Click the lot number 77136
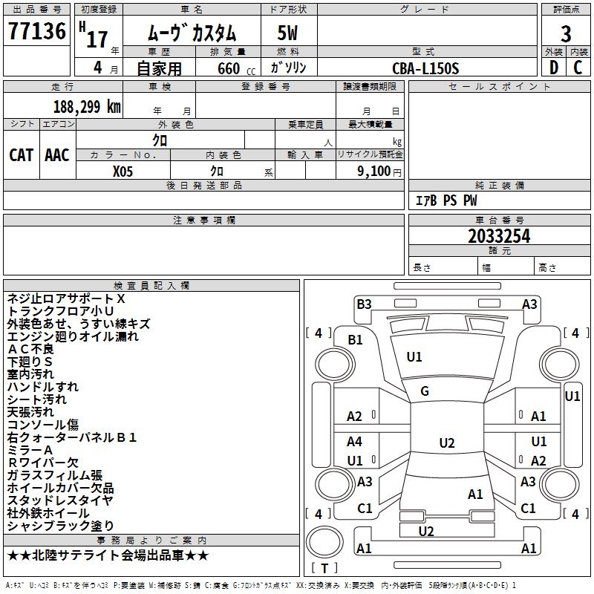point(36,33)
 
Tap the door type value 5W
point(287,33)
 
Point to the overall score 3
point(566,33)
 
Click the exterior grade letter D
point(553,67)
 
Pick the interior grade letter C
point(578,67)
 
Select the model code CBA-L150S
point(426,68)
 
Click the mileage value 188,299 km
point(87,106)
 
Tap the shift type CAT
point(21,154)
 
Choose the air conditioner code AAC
point(57,154)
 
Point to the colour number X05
point(123,170)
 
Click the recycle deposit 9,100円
point(379,171)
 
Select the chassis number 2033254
point(499,236)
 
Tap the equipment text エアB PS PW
point(446,200)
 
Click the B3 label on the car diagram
point(364,304)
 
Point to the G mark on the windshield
point(425,391)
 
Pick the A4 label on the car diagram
point(355,442)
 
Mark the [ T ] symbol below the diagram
point(324,568)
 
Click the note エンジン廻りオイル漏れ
point(73,336)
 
